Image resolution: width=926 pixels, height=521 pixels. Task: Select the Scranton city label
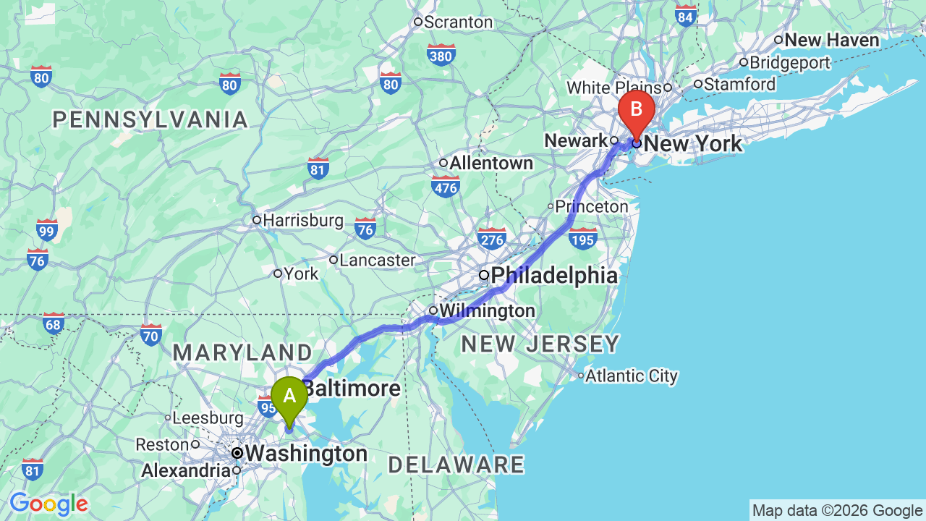point(457,22)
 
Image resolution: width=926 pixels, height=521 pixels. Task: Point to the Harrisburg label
point(302,220)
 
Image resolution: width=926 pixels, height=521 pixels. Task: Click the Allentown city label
point(490,164)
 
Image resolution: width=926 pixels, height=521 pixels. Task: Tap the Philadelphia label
point(554,275)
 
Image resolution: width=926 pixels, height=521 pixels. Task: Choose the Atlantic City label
point(631,376)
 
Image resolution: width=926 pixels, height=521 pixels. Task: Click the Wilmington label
point(487,311)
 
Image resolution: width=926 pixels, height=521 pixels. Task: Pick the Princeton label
point(591,207)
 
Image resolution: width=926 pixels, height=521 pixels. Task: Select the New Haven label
point(831,41)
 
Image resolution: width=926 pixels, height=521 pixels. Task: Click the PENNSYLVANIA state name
point(150,119)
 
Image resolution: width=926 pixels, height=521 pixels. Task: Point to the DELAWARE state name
point(456,465)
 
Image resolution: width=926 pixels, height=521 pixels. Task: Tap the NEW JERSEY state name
point(540,344)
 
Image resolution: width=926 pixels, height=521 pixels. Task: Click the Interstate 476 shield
point(446,188)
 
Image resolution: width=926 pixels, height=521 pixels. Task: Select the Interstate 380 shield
point(441,54)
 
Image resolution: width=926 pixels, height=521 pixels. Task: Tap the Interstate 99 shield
point(47,229)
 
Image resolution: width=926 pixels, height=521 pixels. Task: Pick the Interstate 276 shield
point(492,237)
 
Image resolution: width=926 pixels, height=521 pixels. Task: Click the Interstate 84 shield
point(685,15)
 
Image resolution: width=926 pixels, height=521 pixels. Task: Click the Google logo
point(48,504)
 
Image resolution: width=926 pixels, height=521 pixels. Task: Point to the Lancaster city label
point(377,260)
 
